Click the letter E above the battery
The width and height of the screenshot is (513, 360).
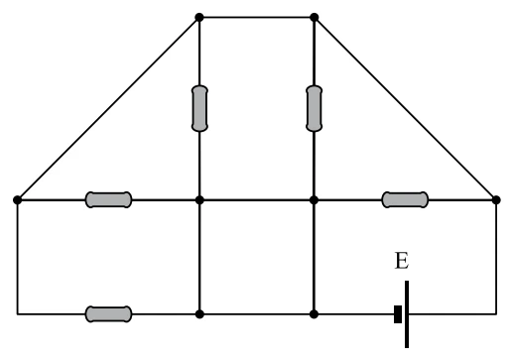(x=402, y=261)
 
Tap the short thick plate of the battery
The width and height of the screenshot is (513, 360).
(x=398, y=314)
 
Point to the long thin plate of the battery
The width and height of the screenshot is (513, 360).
(x=407, y=314)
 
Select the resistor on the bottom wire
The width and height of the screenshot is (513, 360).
(x=108, y=314)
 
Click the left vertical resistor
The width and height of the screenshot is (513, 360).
(x=199, y=108)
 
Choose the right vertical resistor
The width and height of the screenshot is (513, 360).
(x=314, y=108)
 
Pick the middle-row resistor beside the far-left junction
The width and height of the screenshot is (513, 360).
(x=108, y=199)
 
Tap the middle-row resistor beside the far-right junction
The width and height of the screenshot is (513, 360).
(x=405, y=199)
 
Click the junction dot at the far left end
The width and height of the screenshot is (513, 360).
(x=17, y=200)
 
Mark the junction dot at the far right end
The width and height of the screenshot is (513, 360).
(x=496, y=200)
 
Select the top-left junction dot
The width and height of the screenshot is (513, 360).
(x=199, y=17)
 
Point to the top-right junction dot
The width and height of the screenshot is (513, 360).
(x=315, y=17)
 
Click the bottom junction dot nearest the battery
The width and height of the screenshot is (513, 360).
(x=314, y=314)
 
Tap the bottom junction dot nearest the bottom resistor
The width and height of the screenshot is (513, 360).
(x=199, y=314)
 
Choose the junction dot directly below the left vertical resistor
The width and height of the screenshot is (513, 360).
(x=199, y=200)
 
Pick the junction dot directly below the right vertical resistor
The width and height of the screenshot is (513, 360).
(x=314, y=200)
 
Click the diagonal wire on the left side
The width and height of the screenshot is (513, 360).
(x=108, y=109)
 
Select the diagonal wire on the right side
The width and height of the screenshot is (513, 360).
(x=405, y=109)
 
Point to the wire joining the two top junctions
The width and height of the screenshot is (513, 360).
(x=257, y=17)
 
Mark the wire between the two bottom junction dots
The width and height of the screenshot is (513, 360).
(x=257, y=314)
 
